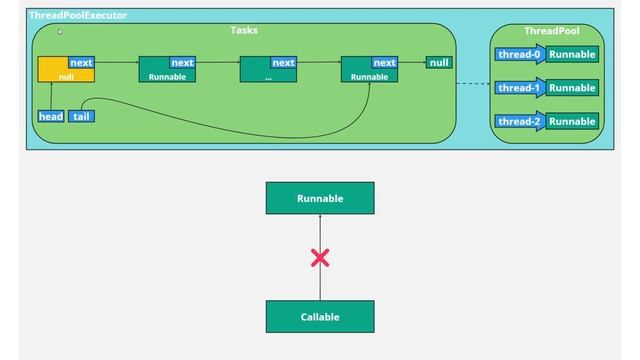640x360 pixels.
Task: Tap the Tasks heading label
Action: [244, 30]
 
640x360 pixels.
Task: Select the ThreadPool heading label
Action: [551, 31]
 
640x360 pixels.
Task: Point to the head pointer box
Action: [50, 116]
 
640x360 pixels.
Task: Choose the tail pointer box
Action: [81, 116]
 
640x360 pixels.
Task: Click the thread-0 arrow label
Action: [519, 54]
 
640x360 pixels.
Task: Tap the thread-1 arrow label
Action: [519, 88]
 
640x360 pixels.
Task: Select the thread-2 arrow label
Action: [519, 121]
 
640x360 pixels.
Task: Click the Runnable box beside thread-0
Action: [573, 54]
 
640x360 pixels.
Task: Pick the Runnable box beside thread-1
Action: [573, 88]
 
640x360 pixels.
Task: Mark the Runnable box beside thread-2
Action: [573, 121]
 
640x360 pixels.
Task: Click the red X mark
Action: [320, 259]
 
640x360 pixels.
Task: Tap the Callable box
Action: [320, 317]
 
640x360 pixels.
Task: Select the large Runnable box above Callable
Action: [320, 198]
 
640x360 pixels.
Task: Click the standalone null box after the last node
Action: [439, 62]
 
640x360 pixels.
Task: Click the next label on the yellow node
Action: [82, 62]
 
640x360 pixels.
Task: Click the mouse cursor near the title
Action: [60, 32]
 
